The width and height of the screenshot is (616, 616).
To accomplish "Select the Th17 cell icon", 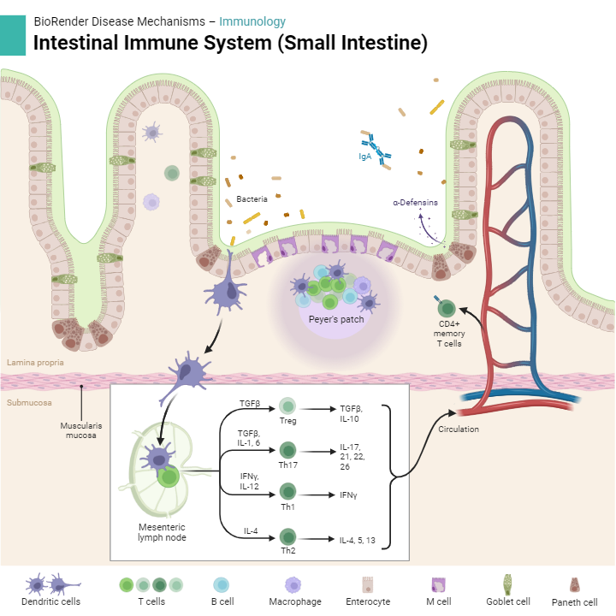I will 288,450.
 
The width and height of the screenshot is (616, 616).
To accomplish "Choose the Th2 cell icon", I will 288,536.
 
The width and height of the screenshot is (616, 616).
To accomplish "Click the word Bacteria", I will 252,198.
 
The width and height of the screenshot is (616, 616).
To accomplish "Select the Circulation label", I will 459,429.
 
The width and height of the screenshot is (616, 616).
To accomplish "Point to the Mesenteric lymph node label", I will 163,531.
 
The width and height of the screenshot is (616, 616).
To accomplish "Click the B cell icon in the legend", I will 222,584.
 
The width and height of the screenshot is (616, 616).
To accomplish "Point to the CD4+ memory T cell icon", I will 447,307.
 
